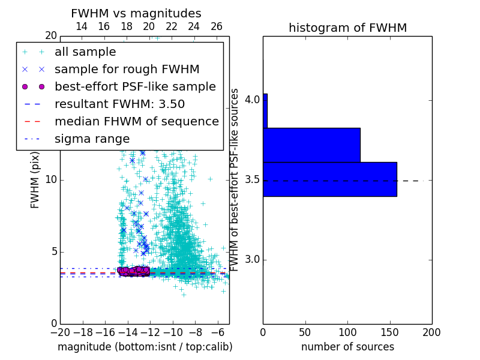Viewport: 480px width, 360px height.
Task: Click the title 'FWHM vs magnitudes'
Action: coord(136,14)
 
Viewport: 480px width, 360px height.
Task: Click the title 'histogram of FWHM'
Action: coord(347,28)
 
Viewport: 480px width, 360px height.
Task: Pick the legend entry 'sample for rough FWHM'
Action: coord(127,70)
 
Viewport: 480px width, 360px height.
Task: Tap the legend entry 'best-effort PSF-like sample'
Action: coord(135,87)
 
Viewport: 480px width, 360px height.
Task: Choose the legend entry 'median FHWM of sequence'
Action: coord(136,122)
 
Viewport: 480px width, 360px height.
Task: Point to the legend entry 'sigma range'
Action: coord(92,139)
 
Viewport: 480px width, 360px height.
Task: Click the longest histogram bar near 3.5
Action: coord(329,179)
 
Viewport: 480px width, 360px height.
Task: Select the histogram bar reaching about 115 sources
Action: coord(311,145)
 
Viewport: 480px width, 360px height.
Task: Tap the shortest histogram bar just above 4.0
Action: coord(265,110)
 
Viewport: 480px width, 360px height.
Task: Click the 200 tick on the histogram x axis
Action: coord(431,331)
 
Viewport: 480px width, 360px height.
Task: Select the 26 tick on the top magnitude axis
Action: coord(217,26)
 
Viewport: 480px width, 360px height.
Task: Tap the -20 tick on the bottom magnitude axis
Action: coord(60,331)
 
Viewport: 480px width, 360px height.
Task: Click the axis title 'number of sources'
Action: coord(347,347)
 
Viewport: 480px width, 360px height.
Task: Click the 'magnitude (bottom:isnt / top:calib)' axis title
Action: coord(145,347)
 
